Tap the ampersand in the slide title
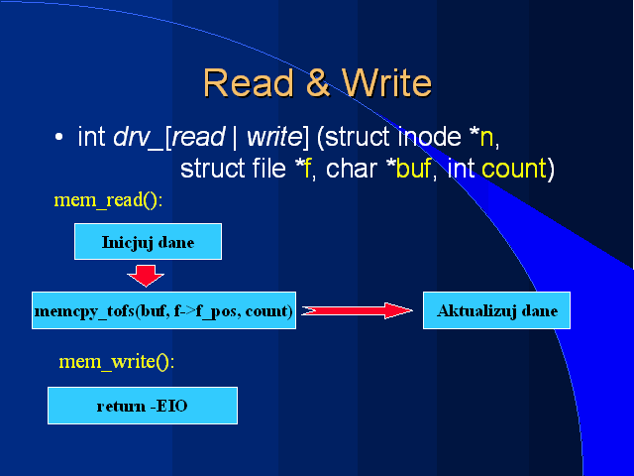pos(317,83)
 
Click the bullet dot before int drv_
pos(59,137)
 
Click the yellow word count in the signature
pos(514,170)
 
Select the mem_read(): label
pos(108,200)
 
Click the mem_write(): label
pos(116,362)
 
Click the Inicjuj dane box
pos(148,241)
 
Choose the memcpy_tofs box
pos(163,310)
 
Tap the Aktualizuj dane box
pos(497,310)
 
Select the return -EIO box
pos(143,406)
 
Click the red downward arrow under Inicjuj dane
pos(147,274)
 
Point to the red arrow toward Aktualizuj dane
pos(357,310)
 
